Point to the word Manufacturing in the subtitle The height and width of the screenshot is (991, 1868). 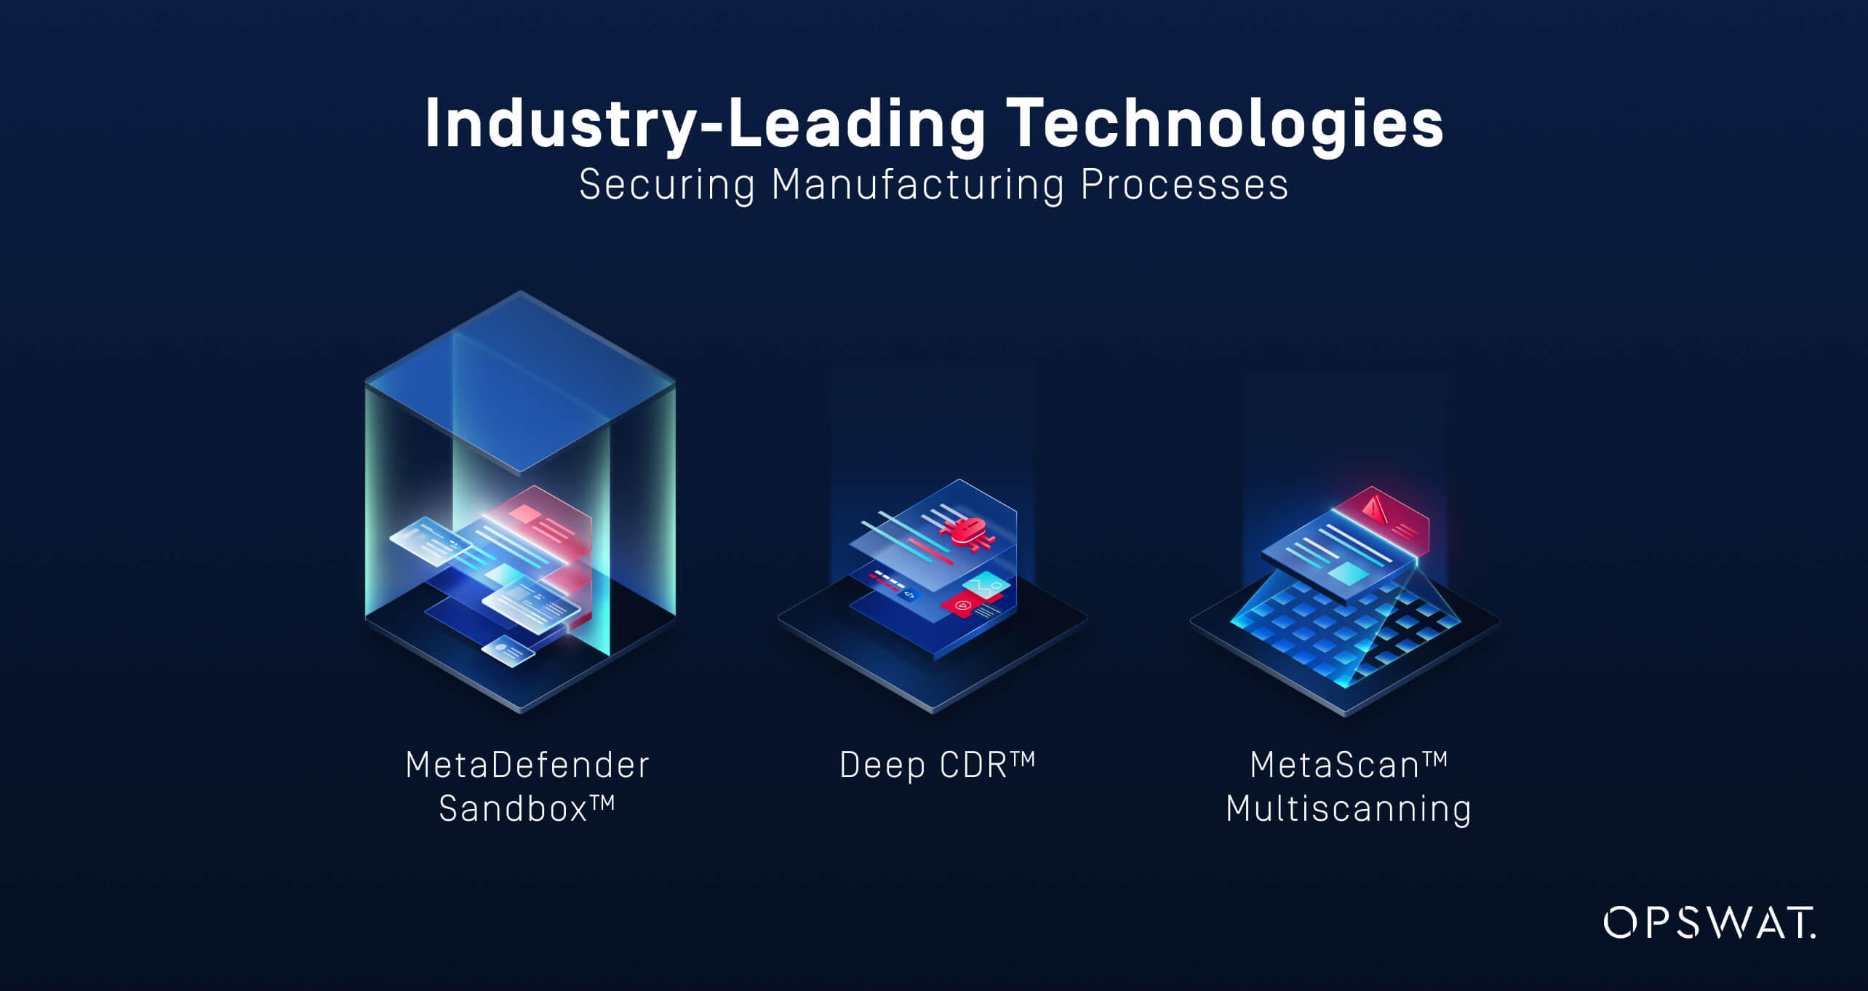[x=918, y=184]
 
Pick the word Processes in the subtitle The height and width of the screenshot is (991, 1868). [x=1184, y=184]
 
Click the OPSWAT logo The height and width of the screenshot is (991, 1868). [x=1709, y=923]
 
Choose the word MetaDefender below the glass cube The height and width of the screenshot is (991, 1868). [x=527, y=765]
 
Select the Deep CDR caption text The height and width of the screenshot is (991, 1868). [x=937, y=765]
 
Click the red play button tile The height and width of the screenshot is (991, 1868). [x=962, y=605]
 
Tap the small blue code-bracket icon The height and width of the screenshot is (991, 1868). [x=909, y=594]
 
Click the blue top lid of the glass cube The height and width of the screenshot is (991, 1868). [x=520, y=383]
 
